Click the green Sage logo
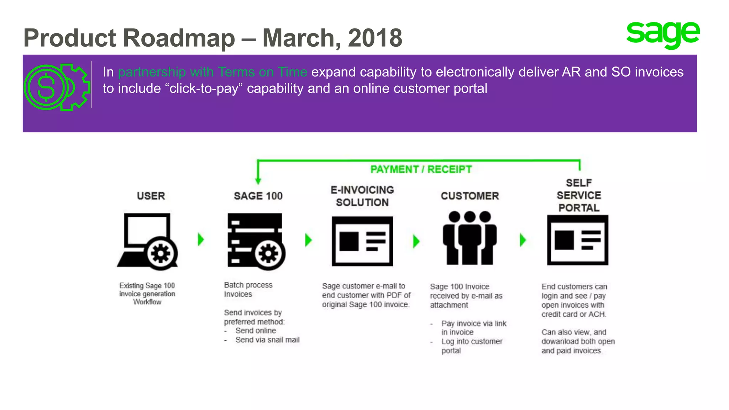point(663,35)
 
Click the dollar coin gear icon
point(56,87)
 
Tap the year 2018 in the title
point(375,38)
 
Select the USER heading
point(151,196)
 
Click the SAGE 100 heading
point(258,196)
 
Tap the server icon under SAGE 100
point(256,241)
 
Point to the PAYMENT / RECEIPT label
point(421,169)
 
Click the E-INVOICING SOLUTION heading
point(362,196)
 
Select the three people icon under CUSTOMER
point(470,238)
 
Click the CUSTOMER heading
point(470,196)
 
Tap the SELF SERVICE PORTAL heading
point(579,195)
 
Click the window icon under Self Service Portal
point(577,240)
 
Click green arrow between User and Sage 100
point(201,240)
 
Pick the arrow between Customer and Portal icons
point(523,240)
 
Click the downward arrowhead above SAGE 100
point(258,180)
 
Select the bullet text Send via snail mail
point(267,340)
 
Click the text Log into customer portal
point(472,346)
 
